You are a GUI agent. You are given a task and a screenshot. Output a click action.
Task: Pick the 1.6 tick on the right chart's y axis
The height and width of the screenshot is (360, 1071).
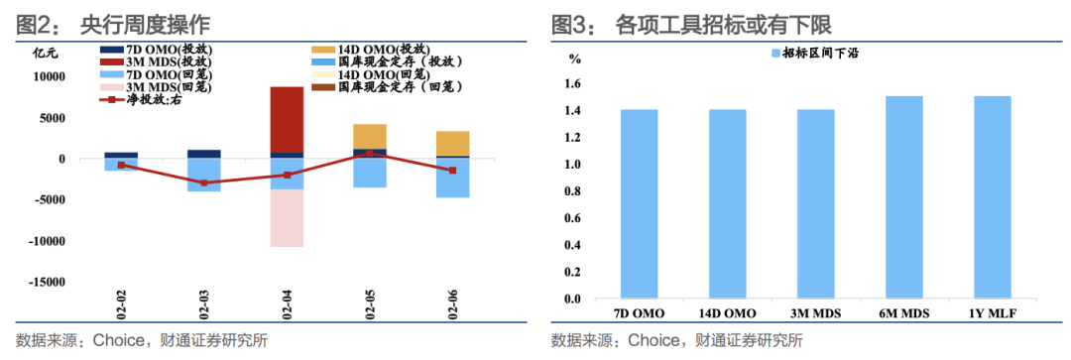pyautogui.click(x=572, y=83)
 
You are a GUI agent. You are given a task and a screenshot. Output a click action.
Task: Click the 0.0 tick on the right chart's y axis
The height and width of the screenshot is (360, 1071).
pyautogui.click(x=572, y=299)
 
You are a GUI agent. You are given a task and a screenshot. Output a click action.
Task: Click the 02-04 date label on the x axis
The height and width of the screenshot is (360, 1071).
pyautogui.click(x=288, y=303)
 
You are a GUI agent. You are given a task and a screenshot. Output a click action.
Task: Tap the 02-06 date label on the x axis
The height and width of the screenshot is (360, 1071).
pyautogui.click(x=453, y=303)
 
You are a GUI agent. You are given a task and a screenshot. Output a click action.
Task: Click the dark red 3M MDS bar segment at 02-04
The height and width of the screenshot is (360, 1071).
pyautogui.click(x=288, y=119)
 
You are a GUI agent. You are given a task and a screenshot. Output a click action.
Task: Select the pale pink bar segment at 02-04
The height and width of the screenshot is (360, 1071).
pyautogui.click(x=288, y=217)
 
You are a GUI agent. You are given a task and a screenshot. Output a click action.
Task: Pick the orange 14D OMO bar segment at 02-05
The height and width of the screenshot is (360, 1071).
pyautogui.click(x=370, y=136)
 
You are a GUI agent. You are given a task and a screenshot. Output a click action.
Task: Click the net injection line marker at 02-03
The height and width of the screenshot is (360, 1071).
pyautogui.click(x=204, y=182)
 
